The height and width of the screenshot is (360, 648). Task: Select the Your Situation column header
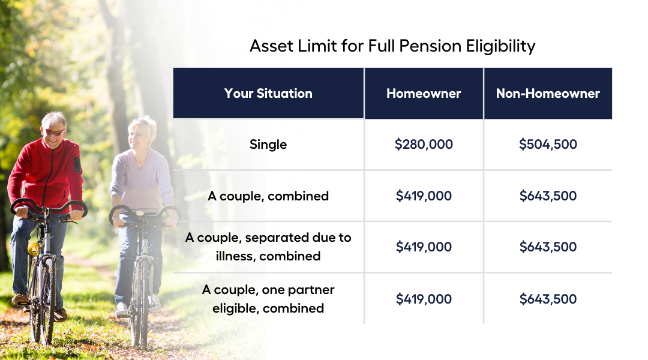point(268,94)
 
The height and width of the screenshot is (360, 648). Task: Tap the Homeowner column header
point(424,94)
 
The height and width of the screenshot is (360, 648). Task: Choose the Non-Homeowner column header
point(548,94)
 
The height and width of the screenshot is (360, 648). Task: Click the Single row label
point(268,145)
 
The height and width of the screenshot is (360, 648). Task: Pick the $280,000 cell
point(424,144)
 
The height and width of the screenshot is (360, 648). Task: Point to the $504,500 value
point(548,144)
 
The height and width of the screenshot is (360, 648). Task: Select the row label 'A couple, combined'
point(268,196)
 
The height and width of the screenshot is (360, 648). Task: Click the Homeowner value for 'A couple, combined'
point(424,196)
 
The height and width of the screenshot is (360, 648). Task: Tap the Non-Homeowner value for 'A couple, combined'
point(548,196)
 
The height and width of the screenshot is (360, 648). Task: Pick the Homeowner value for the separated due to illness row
point(424,247)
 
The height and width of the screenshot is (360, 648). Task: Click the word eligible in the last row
point(235,308)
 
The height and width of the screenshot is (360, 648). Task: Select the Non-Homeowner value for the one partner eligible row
point(548,299)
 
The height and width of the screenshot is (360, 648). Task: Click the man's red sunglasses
point(55,132)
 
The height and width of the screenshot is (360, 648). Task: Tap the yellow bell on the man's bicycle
point(34,248)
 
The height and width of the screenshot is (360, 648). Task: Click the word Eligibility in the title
point(501,46)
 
